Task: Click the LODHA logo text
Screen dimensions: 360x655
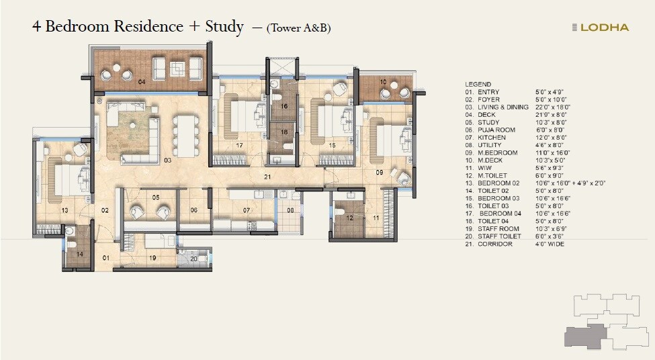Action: (605, 28)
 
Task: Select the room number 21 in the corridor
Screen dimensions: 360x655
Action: (267, 177)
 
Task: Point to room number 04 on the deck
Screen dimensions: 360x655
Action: (142, 81)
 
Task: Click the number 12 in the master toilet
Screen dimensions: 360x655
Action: (349, 218)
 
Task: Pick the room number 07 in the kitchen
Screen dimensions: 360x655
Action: (247, 210)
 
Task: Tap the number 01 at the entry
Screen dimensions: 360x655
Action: (105, 257)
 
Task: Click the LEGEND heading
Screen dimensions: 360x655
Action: (478, 84)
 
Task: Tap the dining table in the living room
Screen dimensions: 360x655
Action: (185, 135)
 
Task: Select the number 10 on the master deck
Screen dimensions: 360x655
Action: (382, 81)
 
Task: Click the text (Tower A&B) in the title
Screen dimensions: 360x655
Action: (298, 28)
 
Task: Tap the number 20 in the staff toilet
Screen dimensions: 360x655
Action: (193, 258)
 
